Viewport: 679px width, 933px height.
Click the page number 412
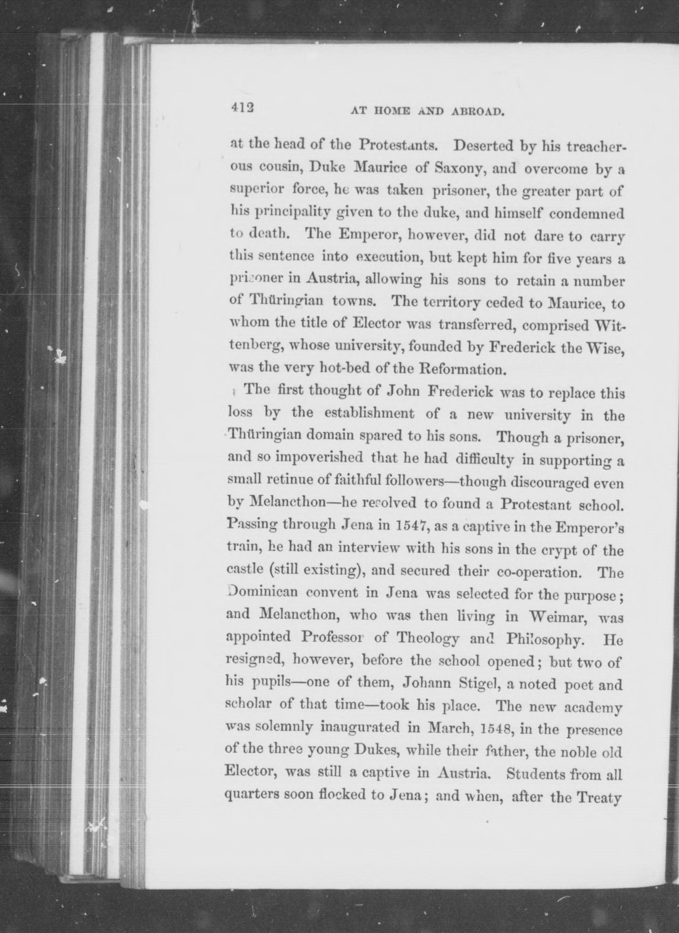[242, 107]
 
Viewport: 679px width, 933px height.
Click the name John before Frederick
[404, 391]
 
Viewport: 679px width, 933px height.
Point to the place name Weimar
[557, 616]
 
